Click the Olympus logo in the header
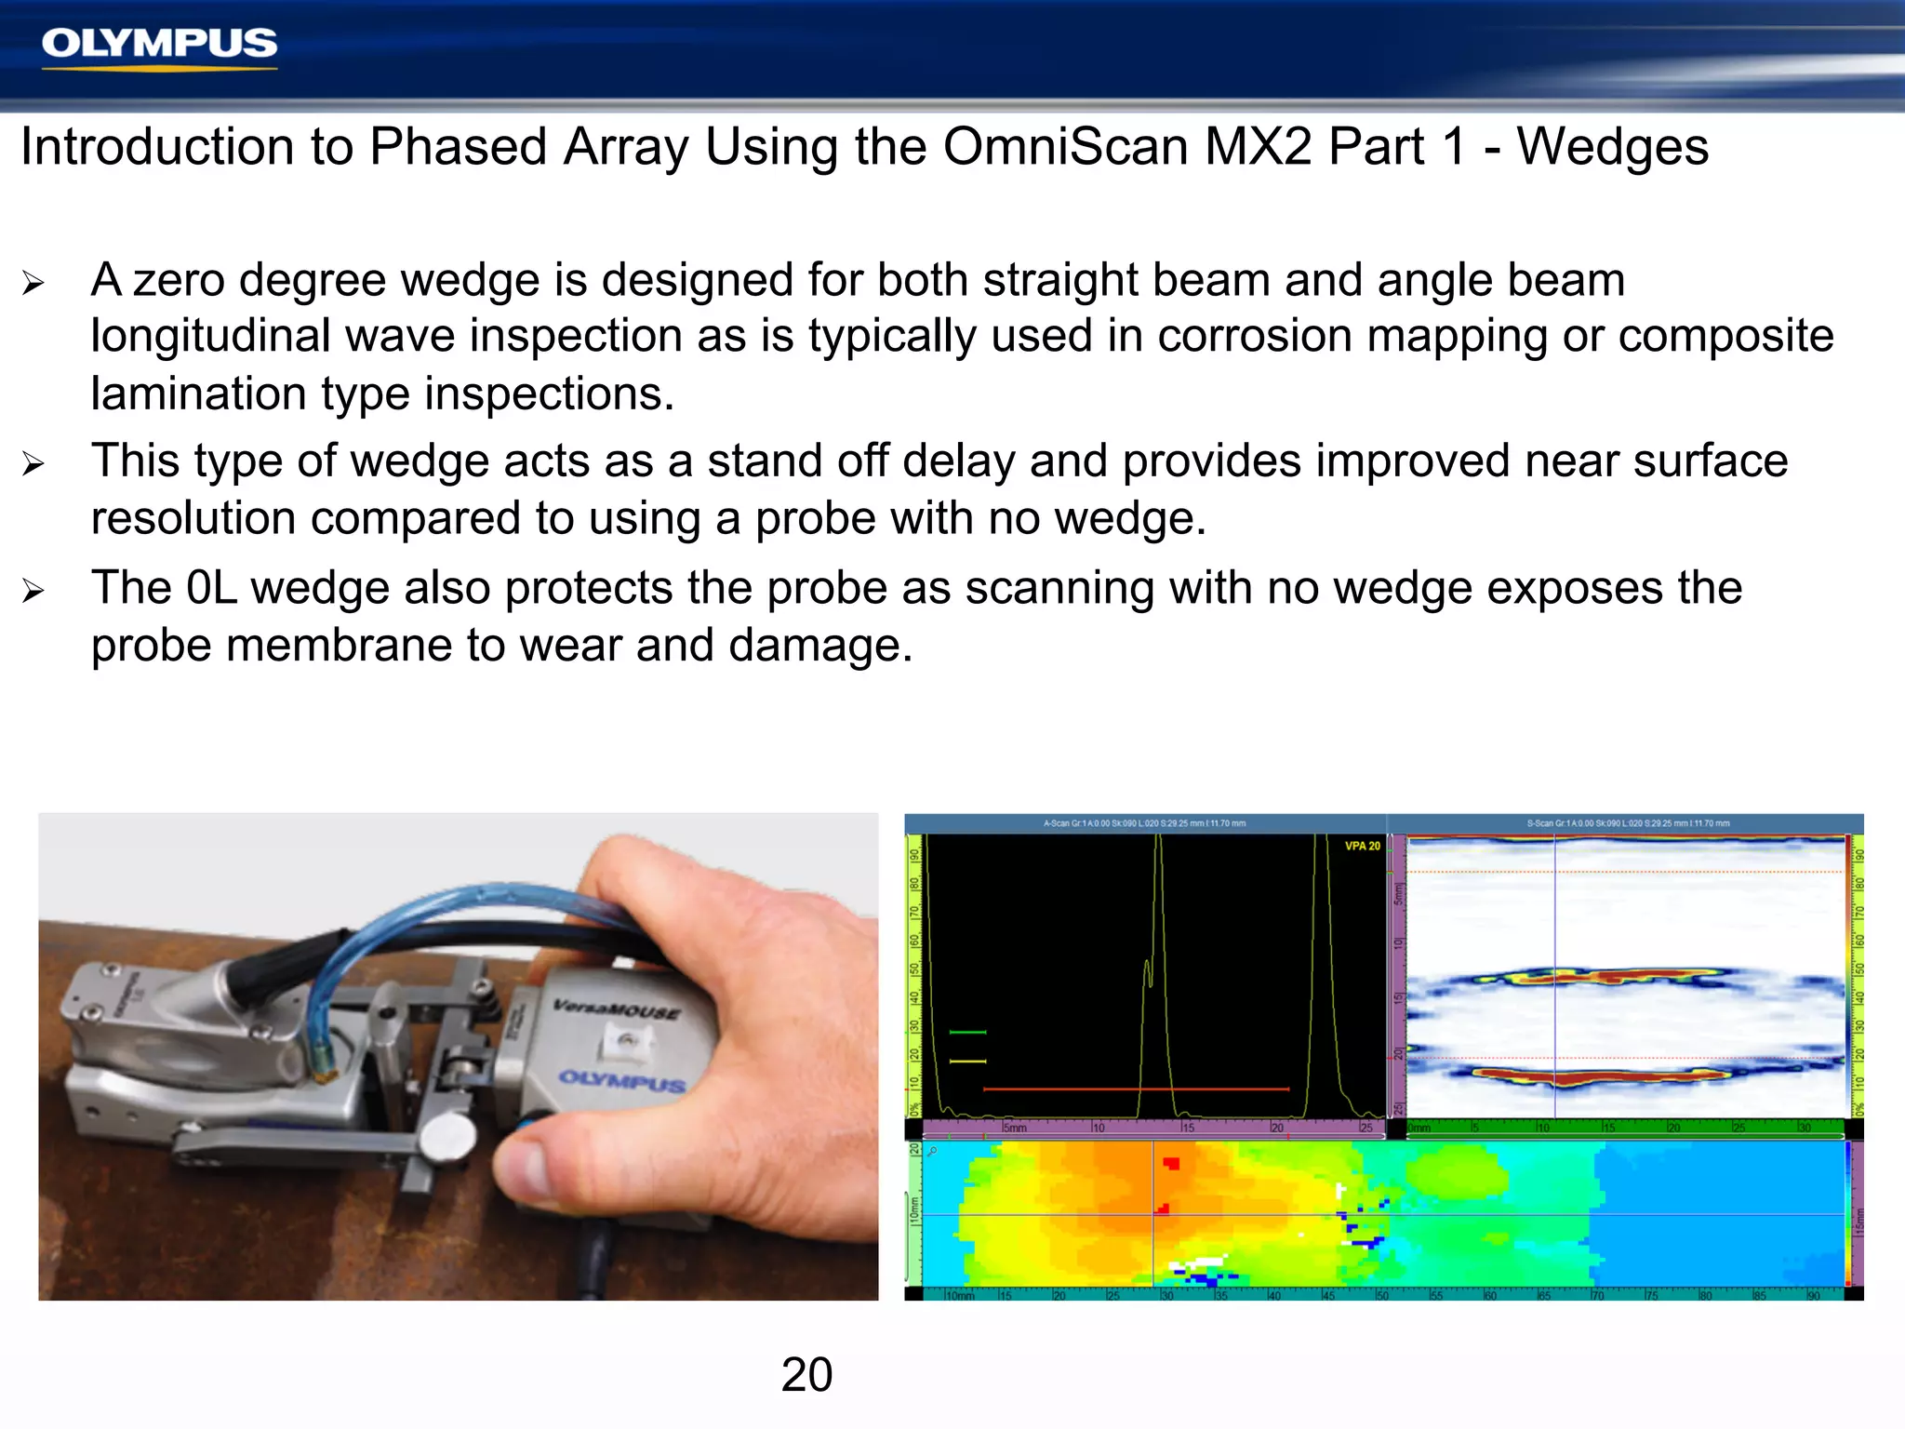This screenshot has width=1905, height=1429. (x=159, y=45)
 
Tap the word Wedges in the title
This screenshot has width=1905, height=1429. (x=1613, y=147)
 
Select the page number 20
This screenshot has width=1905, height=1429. (x=806, y=1374)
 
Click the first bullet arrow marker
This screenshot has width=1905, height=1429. (x=33, y=283)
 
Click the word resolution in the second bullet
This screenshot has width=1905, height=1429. (x=193, y=518)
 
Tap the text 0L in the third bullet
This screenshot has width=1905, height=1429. (x=211, y=588)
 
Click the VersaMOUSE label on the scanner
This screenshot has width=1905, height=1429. (x=616, y=1009)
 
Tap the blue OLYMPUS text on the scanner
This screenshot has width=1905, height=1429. (x=621, y=1081)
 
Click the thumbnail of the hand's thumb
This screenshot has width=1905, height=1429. (x=530, y=1168)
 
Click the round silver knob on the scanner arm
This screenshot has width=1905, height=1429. (x=447, y=1135)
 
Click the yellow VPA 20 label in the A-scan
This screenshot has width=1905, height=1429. (x=1362, y=846)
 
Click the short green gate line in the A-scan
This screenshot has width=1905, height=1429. (x=967, y=1032)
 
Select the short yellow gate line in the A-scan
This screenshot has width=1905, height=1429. (x=967, y=1061)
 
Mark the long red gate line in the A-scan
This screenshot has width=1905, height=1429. (x=1135, y=1088)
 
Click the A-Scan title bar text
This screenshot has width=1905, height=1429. (x=1144, y=823)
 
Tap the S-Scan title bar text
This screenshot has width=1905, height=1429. (x=1628, y=823)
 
